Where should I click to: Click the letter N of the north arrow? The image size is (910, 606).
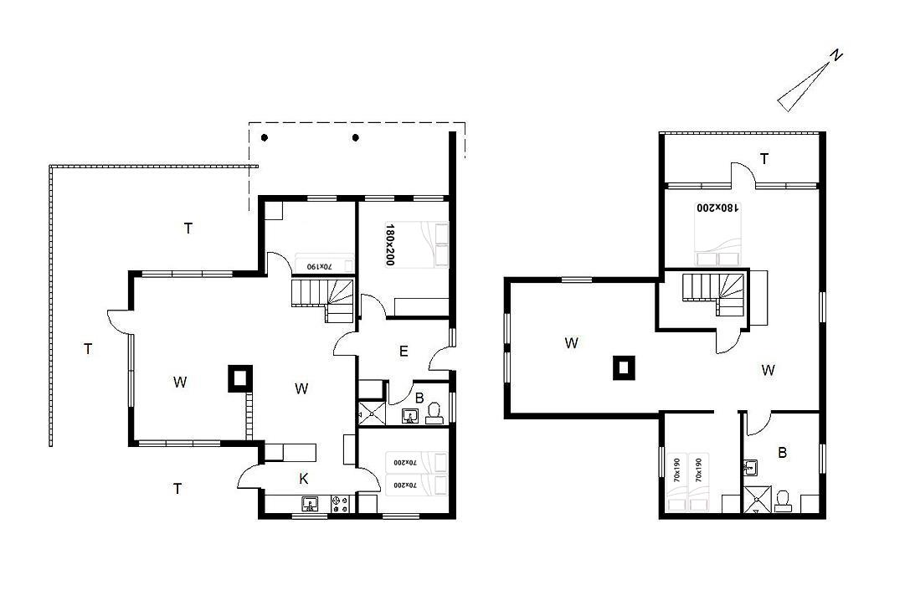(835, 56)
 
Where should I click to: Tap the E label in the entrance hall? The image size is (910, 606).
(404, 352)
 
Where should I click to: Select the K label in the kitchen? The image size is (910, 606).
(304, 479)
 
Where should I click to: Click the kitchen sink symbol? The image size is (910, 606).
(310, 503)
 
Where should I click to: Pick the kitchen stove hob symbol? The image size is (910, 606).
(340, 503)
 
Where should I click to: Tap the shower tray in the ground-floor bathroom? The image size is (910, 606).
(372, 413)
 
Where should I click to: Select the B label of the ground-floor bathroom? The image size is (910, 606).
(419, 398)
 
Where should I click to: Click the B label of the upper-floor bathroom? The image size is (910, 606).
(782, 453)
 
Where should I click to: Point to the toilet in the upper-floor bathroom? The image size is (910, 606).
(783, 501)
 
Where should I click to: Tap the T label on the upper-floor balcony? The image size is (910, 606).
(764, 158)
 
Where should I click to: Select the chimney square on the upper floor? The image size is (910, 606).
(624, 367)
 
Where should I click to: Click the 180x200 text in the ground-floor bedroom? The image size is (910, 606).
(389, 244)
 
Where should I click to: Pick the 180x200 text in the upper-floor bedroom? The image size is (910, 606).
(718, 208)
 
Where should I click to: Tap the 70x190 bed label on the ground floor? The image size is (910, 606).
(319, 266)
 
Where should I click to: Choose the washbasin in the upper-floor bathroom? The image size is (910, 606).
(749, 467)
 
